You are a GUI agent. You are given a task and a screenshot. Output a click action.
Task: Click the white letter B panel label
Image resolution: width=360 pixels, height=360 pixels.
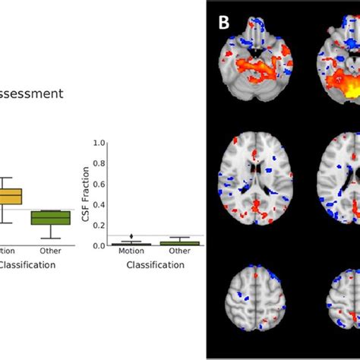[224, 22]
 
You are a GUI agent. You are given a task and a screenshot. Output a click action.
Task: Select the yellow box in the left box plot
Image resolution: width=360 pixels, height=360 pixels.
[11, 197]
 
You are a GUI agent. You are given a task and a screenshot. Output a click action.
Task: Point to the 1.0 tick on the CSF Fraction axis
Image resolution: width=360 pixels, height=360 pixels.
[96, 142]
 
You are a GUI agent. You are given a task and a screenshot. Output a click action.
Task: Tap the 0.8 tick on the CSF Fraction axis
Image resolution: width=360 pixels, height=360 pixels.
[96, 163]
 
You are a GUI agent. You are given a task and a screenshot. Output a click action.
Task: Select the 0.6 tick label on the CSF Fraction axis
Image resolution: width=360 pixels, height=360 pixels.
[96, 183]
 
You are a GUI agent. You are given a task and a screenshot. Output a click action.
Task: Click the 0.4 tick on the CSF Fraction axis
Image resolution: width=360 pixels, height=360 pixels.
[96, 204]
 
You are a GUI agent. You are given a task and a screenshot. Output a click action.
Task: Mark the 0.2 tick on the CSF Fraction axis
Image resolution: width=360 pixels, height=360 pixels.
[96, 225]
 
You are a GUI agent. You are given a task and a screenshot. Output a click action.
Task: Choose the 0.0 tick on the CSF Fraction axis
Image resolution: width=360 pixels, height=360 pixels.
[96, 245]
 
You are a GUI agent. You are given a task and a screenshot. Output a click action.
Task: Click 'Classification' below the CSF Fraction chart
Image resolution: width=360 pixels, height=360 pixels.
[155, 265]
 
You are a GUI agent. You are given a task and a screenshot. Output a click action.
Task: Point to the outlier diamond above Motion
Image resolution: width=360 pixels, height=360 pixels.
[131, 237]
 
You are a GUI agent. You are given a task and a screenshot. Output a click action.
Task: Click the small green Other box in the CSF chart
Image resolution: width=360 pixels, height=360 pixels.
[180, 243]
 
